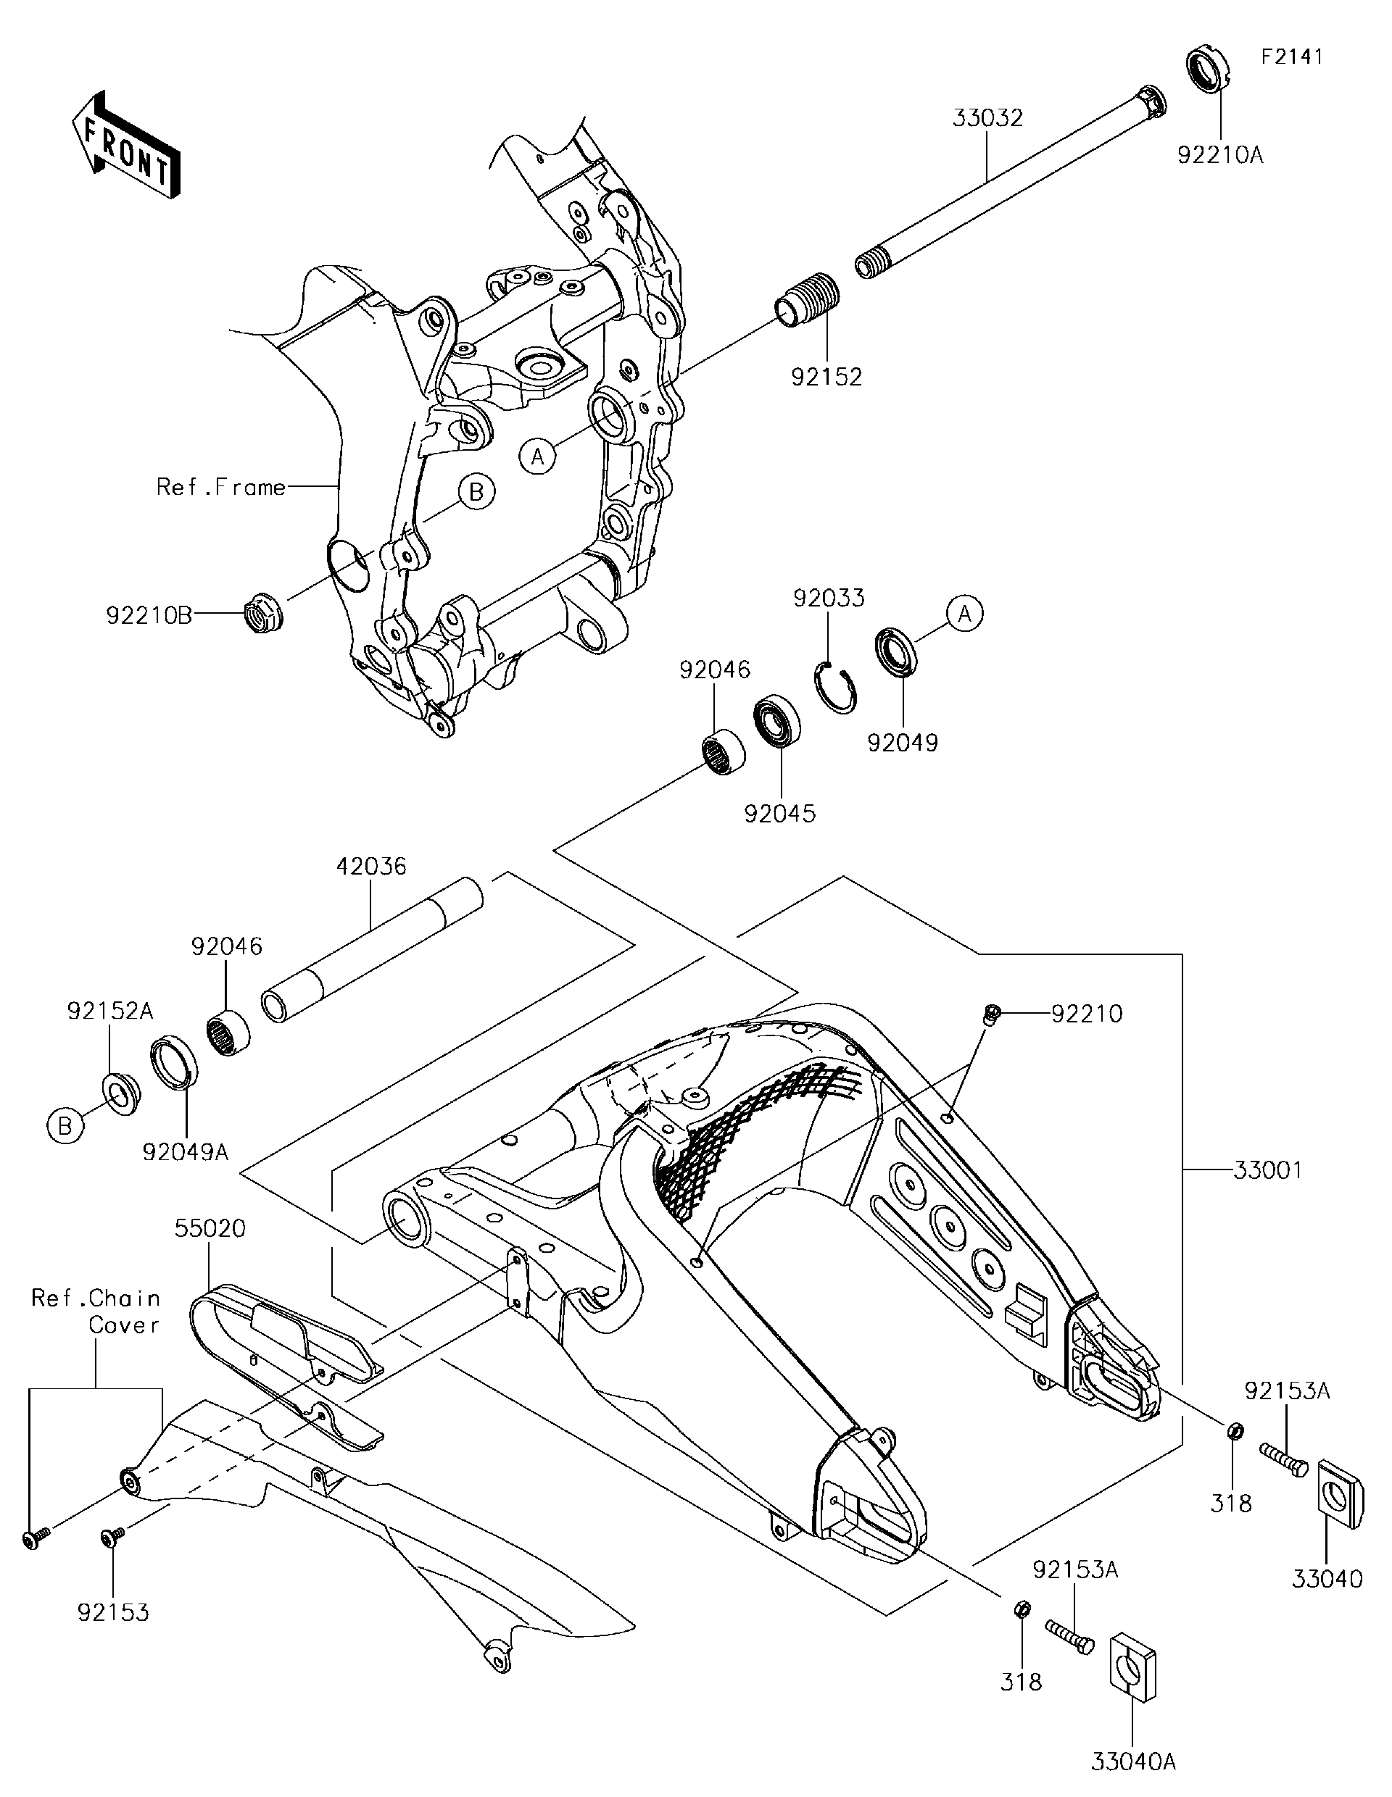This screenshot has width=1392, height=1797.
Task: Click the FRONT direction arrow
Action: [x=126, y=145]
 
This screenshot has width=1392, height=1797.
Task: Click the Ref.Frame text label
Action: [x=220, y=487]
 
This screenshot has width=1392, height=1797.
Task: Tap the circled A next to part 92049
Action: [x=964, y=614]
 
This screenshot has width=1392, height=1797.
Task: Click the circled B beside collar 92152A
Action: [x=65, y=1125]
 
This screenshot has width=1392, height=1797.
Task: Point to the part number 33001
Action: [x=1268, y=1169]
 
